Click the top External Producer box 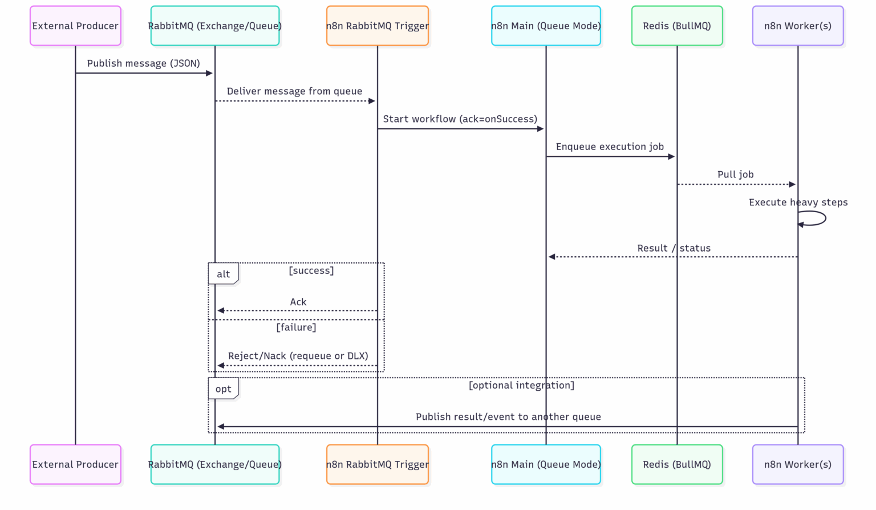[75, 26]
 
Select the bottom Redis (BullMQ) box [677, 464]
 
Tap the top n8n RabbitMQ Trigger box [377, 26]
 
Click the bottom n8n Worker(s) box [797, 464]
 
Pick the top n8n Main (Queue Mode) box [546, 26]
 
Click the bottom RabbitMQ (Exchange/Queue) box [215, 464]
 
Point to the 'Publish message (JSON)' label [143, 63]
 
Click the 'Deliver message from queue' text [294, 91]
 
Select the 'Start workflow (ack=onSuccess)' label [460, 119]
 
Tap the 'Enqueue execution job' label [610, 147]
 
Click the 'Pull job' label [735, 175]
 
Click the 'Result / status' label [674, 248]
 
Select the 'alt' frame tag [223, 274]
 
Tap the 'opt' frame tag [223, 389]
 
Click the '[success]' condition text [311, 270]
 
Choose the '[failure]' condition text [296, 327]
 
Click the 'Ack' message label [298, 302]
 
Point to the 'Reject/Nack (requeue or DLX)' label [298, 356]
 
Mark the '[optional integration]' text [521, 386]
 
